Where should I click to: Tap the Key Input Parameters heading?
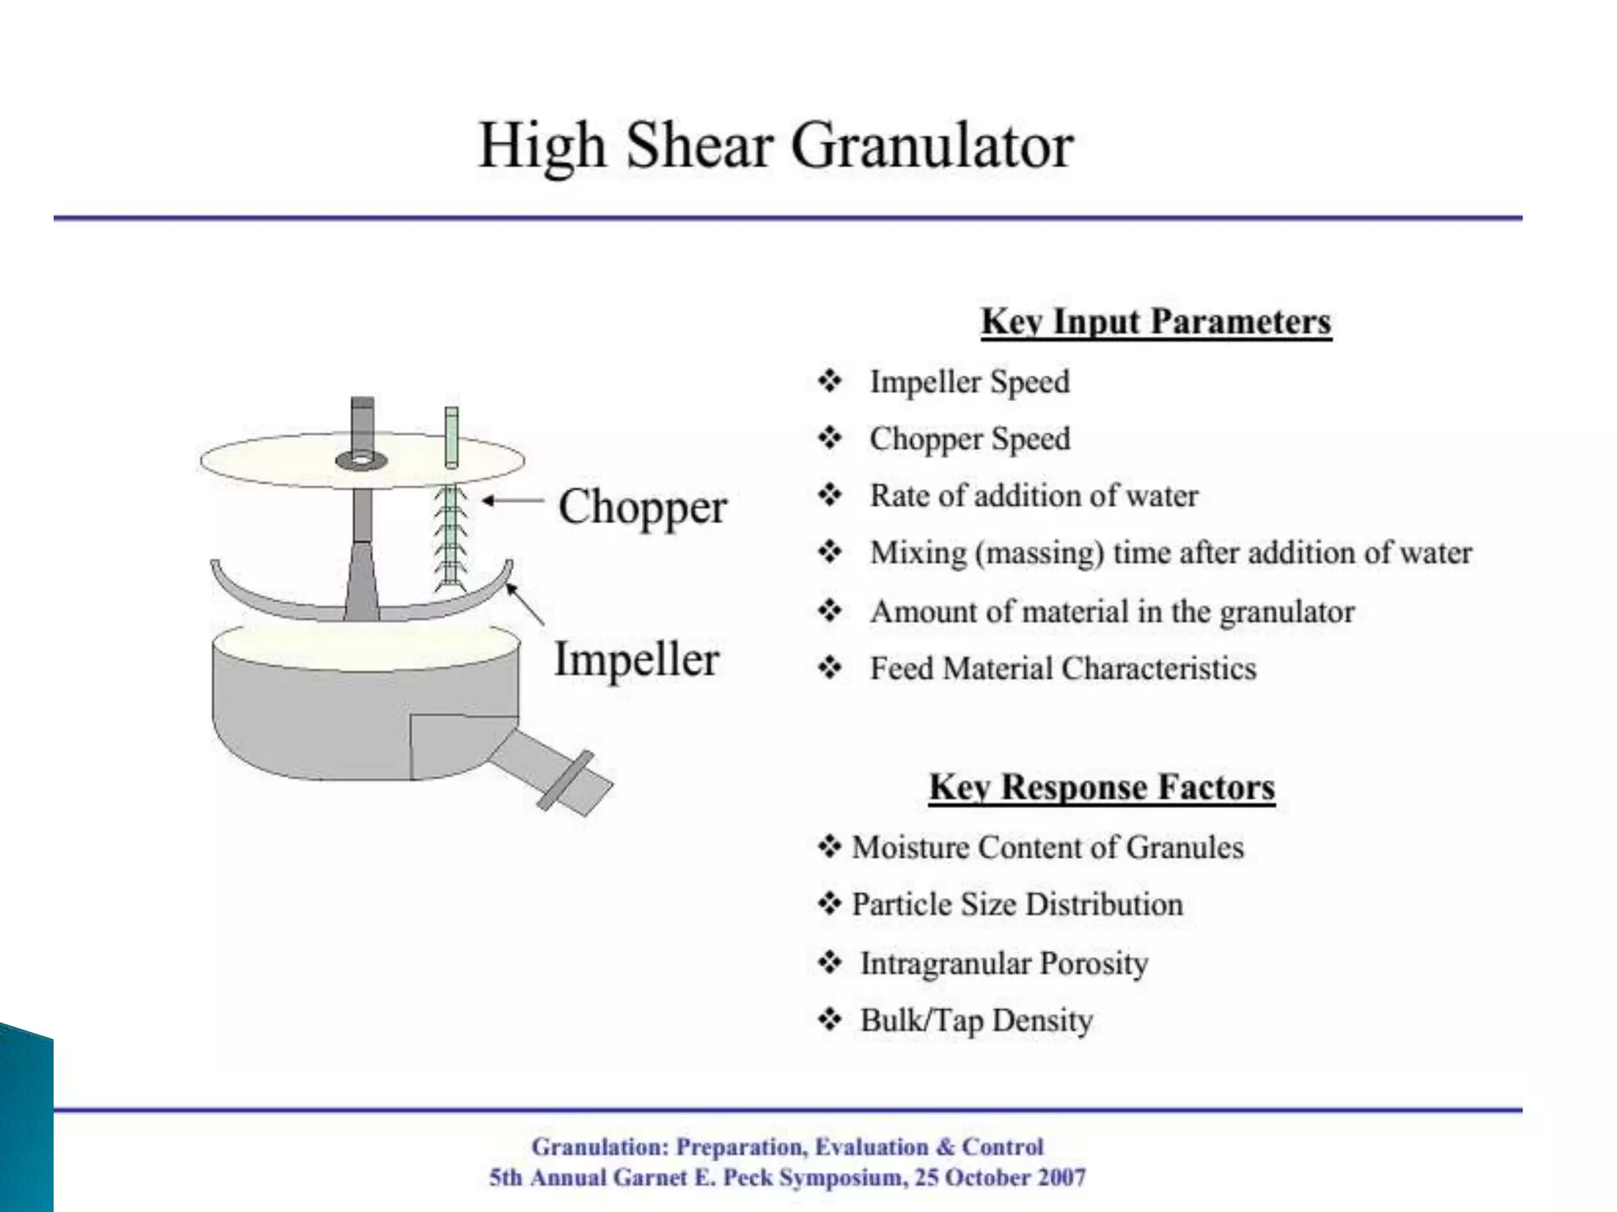(1156, 322)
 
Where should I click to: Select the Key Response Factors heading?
(1101, 787)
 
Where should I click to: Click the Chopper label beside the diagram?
(642, 507)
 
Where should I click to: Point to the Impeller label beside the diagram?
(636, 660)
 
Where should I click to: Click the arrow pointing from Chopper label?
(513, 500)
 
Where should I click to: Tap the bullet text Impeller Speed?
(970, 382)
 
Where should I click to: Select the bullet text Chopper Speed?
(970, 439)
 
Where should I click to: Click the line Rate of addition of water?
(1034, 496)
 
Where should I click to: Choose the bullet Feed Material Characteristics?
(1063, 669)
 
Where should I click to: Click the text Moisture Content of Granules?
(1048, 847)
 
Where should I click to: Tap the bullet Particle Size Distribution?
(1017, 904)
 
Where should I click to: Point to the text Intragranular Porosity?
(1004, 963)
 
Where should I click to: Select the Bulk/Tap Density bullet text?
(976, 1021)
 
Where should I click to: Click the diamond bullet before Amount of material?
(830, 611)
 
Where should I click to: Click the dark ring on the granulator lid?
(362, 460)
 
